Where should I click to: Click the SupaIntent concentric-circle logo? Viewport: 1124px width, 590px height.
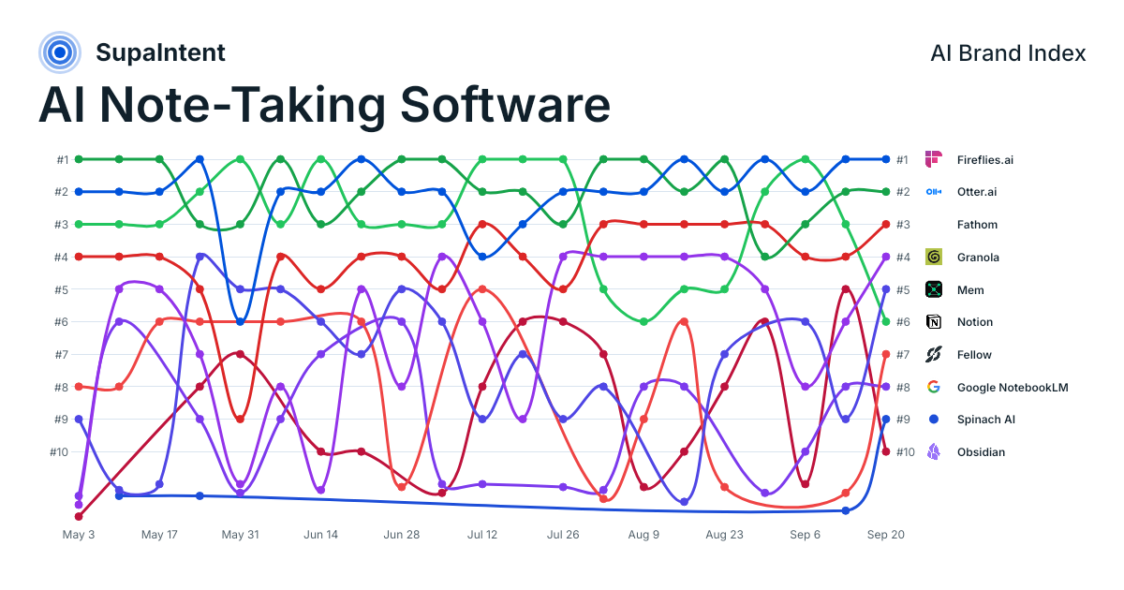60,52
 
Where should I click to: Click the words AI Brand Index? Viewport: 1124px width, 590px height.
1008,53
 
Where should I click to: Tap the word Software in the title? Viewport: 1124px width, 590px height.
505,105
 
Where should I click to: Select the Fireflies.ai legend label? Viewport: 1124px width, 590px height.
985,160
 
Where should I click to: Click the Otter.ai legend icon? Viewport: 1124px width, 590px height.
933,192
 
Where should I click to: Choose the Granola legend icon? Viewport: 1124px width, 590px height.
933,257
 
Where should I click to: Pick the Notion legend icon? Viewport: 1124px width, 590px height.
933,321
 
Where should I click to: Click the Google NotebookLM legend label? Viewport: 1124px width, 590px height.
1013,388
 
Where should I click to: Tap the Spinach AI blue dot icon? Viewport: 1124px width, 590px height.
933,420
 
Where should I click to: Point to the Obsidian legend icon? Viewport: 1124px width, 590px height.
933,452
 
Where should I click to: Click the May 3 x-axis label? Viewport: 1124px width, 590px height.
79,535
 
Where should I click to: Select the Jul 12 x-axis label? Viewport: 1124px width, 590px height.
482,535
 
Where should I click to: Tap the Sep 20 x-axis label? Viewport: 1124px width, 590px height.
886,535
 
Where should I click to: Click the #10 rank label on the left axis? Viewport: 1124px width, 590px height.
59,452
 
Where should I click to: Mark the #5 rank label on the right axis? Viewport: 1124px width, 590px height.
903,289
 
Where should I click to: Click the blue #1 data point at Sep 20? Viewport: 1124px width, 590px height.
886,159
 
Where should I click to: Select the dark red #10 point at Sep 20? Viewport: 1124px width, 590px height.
886,452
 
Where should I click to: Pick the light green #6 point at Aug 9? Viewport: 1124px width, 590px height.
643,321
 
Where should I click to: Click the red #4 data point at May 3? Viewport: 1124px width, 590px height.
79,257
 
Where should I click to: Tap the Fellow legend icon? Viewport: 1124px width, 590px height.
933,354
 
